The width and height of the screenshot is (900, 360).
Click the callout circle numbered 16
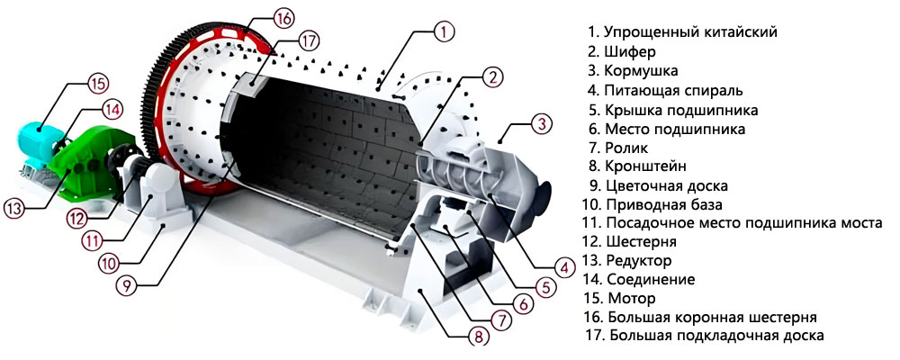[x=283, y=18]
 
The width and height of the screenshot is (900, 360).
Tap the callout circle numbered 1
[x=443, y=32]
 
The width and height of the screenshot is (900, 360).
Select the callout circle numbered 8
[x=479, y=337]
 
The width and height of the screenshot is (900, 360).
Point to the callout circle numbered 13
[x=13, y=209]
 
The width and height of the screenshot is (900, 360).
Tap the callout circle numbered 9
[x=127, y=285]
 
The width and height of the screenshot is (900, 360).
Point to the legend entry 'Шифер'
[x=630, y=51]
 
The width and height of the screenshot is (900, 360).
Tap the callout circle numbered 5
[x=544, y=288]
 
